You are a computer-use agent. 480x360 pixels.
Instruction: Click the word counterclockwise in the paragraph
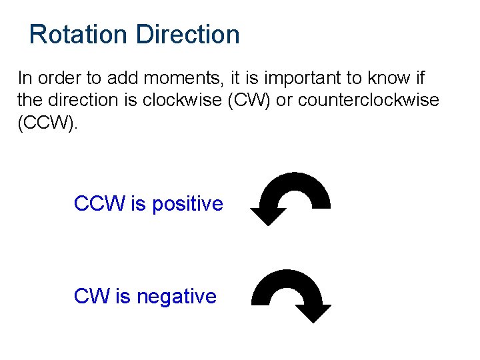coord(369,101)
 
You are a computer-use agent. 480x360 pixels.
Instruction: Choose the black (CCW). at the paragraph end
coord(48,123)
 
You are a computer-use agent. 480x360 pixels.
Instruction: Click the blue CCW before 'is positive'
coord(100,204)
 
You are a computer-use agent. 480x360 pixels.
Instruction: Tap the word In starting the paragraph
coord(25,78)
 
